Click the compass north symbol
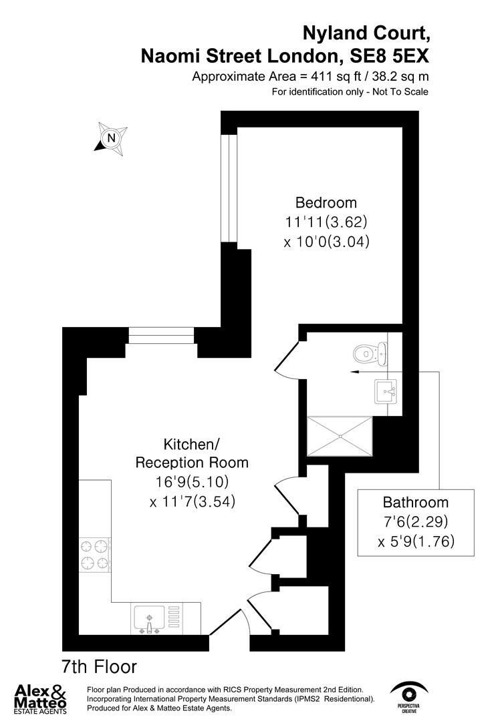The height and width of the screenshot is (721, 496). [x=111, y=139]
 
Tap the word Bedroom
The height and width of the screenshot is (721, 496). [x=326, y=202]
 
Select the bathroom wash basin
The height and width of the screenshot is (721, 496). [x=386, y=390]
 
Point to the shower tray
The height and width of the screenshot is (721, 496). [x=339, y=437]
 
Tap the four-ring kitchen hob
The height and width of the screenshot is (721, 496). [x=95, y=555]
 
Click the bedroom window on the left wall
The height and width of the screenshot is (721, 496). [x=229, y=188]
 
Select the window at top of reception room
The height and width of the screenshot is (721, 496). [x=162, y=335]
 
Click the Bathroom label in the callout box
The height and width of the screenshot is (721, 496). [x=415, y=502]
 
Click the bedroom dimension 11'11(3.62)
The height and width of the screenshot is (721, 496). [x=326, y=222]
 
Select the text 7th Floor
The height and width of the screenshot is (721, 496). [x=99, y=666]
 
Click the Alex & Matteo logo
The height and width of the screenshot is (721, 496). [x=42, y=698]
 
